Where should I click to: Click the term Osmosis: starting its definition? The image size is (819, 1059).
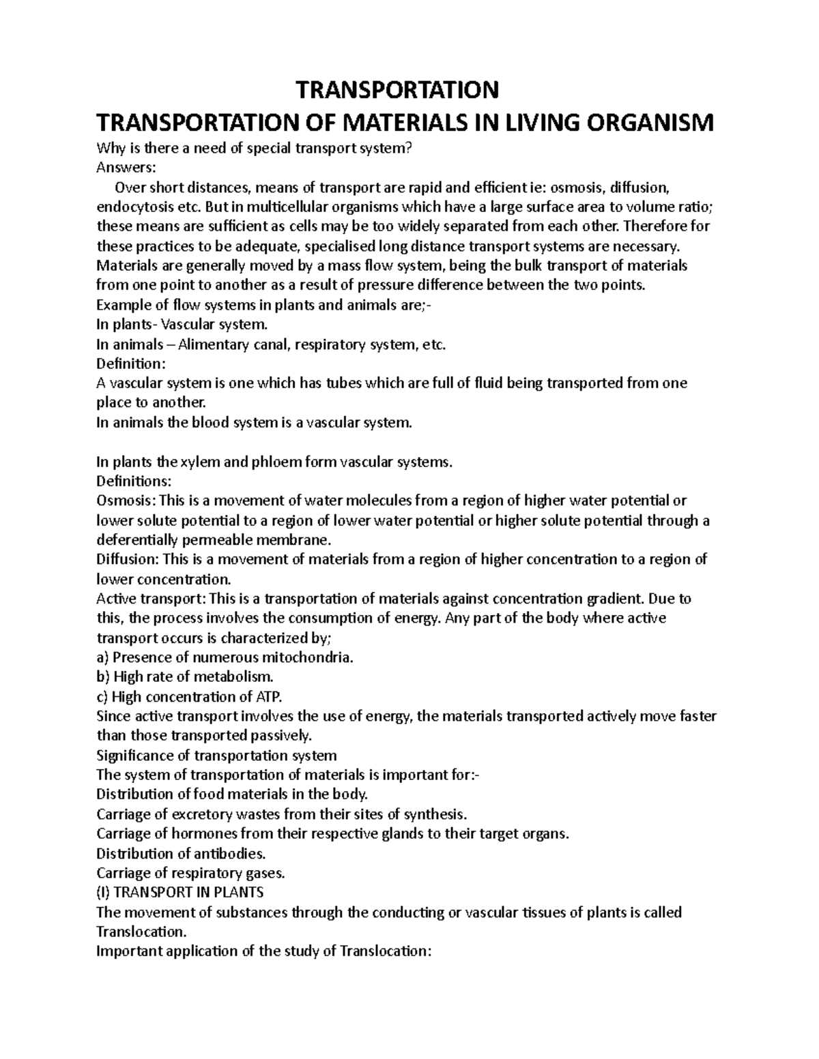[x=124, y=501]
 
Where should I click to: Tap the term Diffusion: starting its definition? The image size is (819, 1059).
[x=127, y=560]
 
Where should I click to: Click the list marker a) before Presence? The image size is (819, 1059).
[x=103, y=658]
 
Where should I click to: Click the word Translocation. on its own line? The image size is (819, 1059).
[x=140, y=931]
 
